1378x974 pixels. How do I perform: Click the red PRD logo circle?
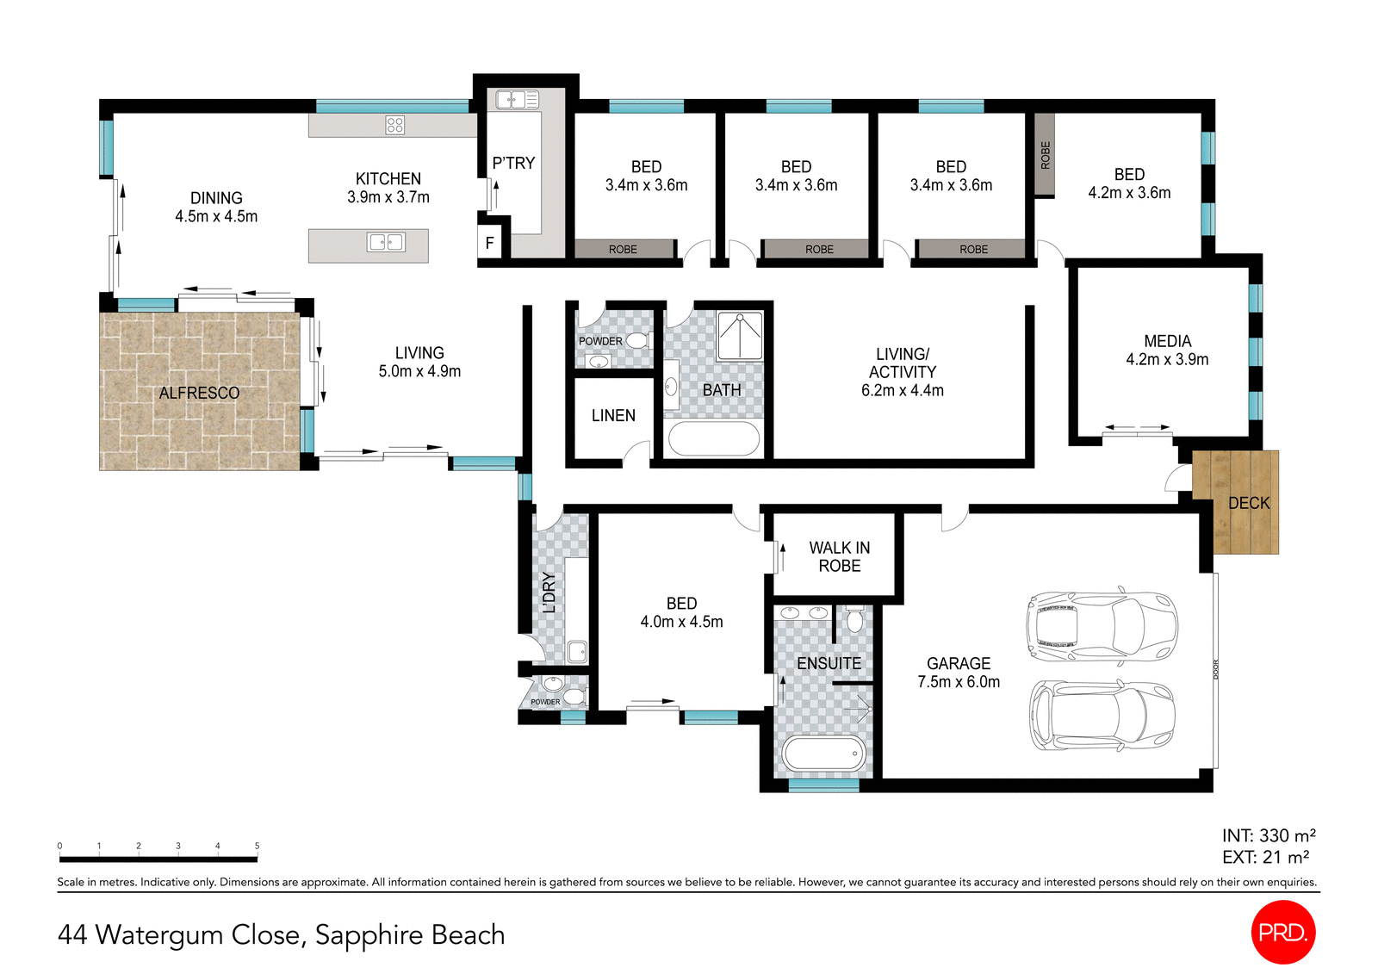tap(1282, 932)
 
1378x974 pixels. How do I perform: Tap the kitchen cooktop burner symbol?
tap(394, 125)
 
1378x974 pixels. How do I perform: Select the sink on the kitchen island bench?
tap(386, 242)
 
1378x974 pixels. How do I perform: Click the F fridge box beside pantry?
tap(489, 243)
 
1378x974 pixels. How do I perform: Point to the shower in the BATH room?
tap(740, 336)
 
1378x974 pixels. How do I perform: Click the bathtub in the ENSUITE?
tap(822, 754)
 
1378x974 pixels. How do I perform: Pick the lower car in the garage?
tap(1102, 716)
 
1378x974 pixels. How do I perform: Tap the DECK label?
tap(1249, 503)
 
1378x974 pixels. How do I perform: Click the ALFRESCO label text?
tap(199, 393)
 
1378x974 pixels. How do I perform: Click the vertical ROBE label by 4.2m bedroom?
tap(1045, 155)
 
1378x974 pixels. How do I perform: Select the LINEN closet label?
tap(613, 415)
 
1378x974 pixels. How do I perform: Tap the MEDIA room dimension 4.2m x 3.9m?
tap(1167, 360)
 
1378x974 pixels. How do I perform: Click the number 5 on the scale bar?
tap(257, 846)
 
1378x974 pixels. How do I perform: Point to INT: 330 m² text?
tap(1268, 835)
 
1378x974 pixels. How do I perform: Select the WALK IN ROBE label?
tap(839, 556)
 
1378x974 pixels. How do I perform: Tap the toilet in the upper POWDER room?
tap(637, 340)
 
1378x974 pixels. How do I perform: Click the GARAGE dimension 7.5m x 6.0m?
tap(959, 682)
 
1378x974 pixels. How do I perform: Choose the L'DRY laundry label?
tap(549, 592)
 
